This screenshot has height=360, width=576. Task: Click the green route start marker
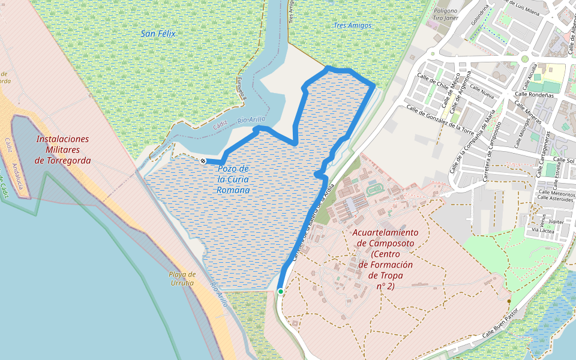point(280,292)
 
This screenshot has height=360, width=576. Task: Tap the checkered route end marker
point(203,161)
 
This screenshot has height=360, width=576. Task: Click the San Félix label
point(158,34)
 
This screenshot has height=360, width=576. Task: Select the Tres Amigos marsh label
point(352,26)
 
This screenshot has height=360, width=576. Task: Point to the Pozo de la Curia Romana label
point(233,179)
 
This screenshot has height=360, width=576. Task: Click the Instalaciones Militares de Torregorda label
point(62,149)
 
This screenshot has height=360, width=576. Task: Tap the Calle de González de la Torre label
point(440,118)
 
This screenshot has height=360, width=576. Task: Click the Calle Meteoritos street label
point(556,194)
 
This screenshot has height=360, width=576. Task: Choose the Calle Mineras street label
point(529,112)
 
